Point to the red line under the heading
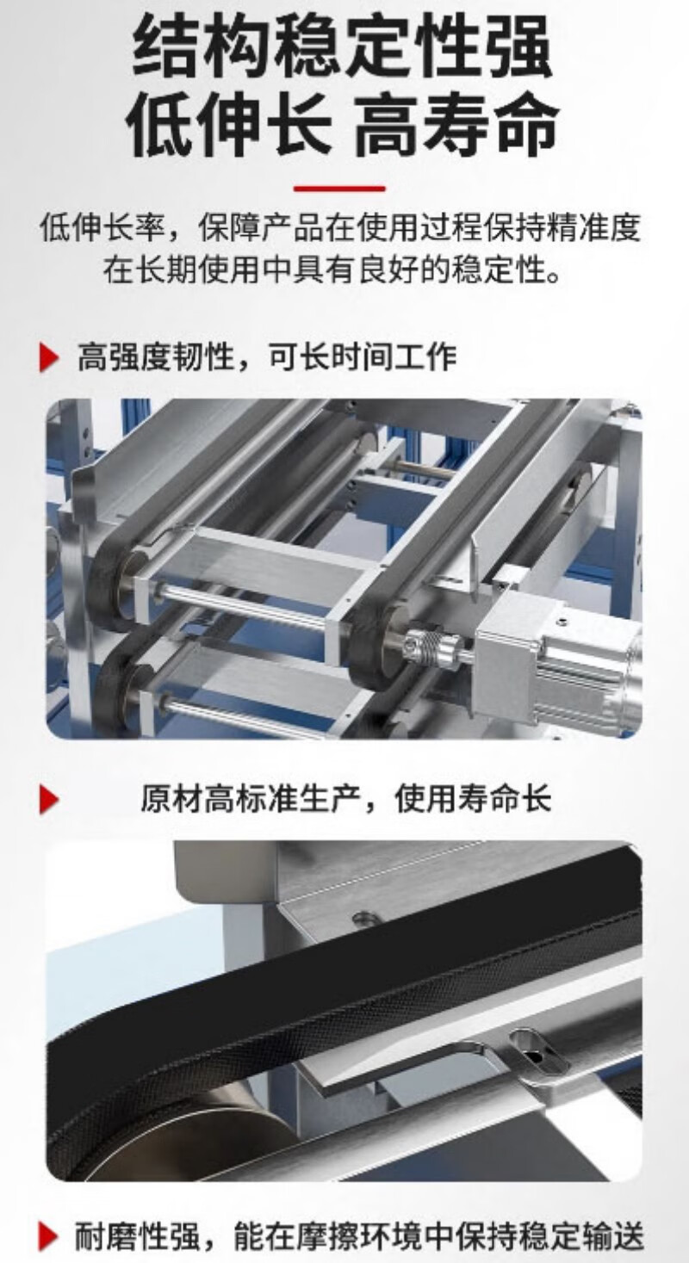(x=339, y=189)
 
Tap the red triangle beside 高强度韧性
(x=49, y=357)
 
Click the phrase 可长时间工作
(x=360, y=357)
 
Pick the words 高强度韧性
(x=156, y=357)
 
